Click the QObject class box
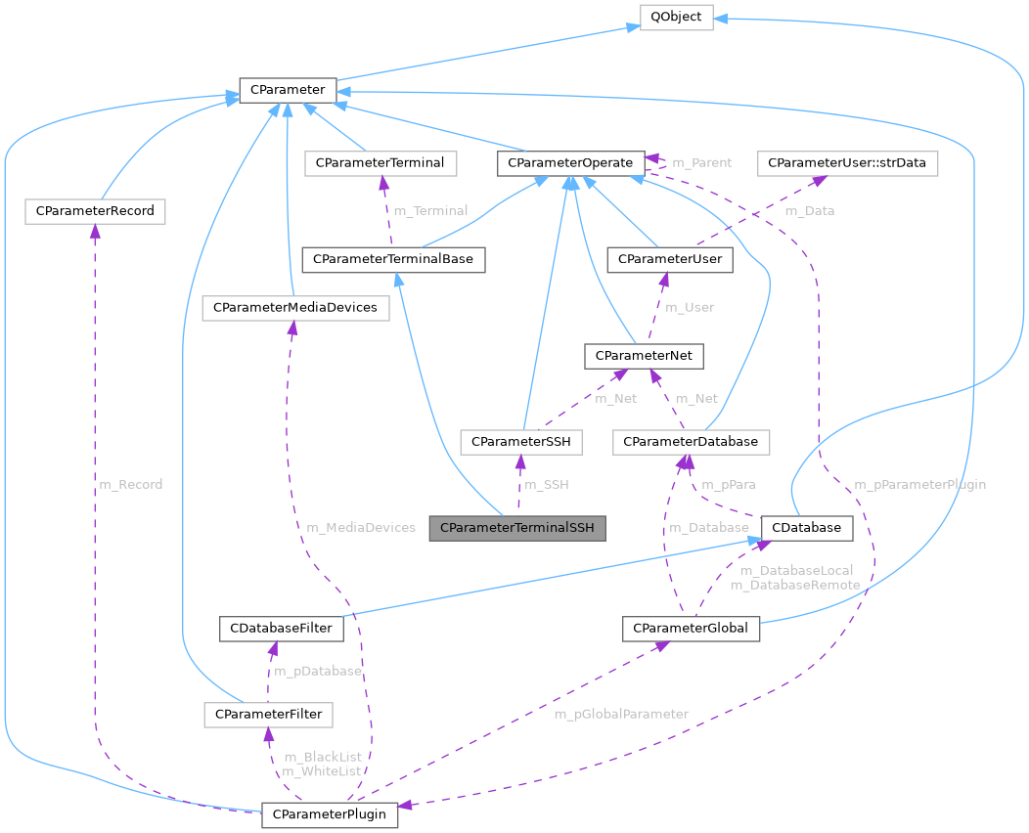676,18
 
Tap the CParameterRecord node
95,210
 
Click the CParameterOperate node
570,163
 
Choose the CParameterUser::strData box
848,163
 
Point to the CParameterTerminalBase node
393,260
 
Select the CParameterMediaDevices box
295,308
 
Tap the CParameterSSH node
521,442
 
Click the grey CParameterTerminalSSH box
517,528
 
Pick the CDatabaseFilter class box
281,628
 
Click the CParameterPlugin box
330,814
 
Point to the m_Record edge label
131,484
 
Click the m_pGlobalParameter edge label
621,714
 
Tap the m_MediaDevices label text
361,527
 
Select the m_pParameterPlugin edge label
919,484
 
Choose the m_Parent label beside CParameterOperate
701,162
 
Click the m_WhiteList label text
322,772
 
